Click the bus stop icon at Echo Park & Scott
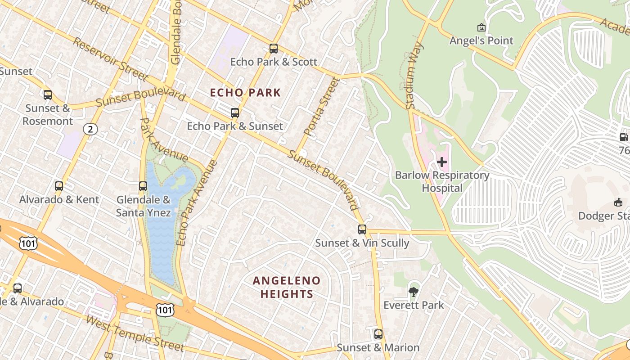coord(274,49)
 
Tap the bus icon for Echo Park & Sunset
coord(234,113)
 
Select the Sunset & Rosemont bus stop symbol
coord(48,95)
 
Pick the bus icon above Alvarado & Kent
coord(58,186)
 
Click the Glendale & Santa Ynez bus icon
coord(143,186)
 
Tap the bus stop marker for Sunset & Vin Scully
coord(362,229)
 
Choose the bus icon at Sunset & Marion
coord(378,334)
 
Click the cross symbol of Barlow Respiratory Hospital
coord(442,162)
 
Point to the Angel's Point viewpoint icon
coord(481,27)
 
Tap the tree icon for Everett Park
coord(413,292)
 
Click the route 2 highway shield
coord(90,130)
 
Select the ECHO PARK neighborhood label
coord(246,93)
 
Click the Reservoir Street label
coord(110,59)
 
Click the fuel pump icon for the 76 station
coord(624,138)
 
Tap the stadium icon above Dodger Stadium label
coord(618,202)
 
